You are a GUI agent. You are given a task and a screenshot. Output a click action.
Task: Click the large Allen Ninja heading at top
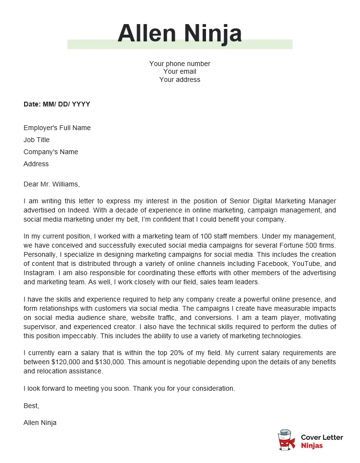pos(180,33)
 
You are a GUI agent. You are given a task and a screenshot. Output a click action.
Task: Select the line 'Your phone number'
pos(180,64)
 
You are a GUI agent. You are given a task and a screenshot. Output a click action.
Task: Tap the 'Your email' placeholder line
pos(180,71)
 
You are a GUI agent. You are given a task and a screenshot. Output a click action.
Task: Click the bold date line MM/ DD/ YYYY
pos(57,104)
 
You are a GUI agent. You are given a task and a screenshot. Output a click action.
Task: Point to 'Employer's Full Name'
pos(57,128)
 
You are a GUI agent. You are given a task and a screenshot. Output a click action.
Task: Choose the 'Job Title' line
pos(37,140)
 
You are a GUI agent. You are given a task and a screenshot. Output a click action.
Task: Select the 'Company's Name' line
pos(51,152)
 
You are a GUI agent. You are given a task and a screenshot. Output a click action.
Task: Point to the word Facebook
pos(275,264)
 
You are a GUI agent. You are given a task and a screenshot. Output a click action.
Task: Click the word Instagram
pos(39,273)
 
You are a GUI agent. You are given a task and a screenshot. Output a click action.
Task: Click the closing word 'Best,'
pos(31,406)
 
